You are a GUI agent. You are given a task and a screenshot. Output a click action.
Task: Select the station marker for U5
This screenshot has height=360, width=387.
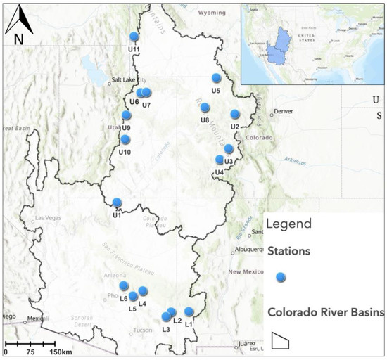[x=217, y=79]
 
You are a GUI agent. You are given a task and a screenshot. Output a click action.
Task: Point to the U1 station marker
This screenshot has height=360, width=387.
[x=118, y=202]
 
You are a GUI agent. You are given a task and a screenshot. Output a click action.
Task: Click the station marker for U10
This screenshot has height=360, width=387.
[x=125, y=140]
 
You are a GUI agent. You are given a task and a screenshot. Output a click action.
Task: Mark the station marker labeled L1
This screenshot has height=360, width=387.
[x=189, y=311]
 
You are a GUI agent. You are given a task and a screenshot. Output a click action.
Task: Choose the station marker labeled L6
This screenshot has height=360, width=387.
[x=124, y=285]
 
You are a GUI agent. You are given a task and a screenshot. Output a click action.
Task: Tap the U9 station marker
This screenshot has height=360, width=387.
[x=127, y=115]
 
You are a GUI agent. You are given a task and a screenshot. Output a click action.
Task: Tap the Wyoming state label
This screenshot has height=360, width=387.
[x=211, y=13]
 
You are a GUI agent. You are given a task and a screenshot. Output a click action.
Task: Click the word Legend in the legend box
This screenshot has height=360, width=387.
[x=291, y=225]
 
